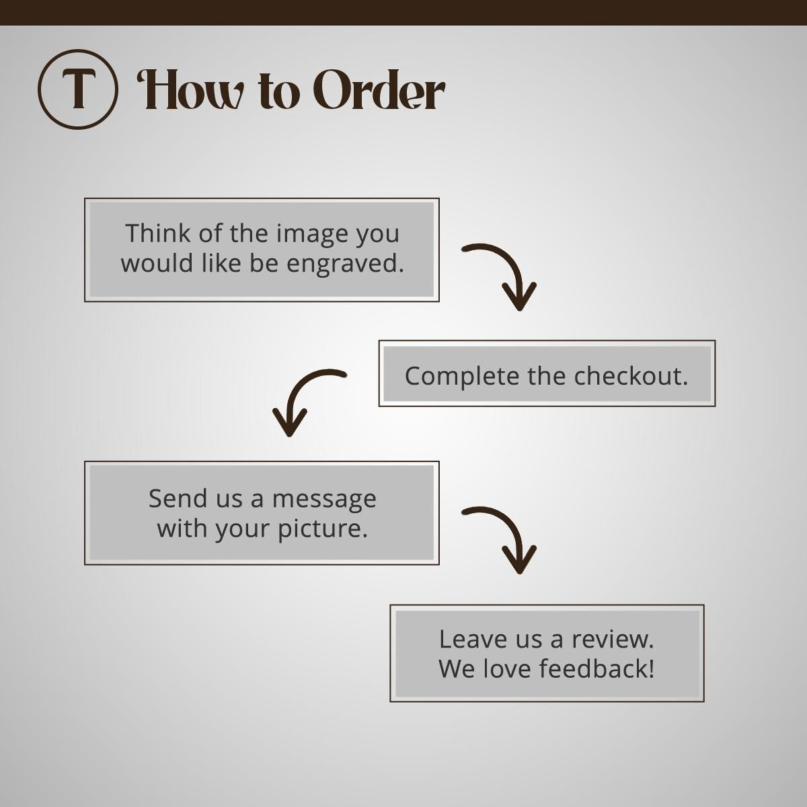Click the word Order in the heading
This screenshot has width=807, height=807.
[x=379, y=89]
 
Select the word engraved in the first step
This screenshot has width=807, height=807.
[x=346, y=263]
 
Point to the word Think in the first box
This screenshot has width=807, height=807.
[x=158, y=233]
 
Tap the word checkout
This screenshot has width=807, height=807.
[x=631, y=376]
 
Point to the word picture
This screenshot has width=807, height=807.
[x=323, y=529]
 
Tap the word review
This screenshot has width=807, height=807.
[x=613, y=640]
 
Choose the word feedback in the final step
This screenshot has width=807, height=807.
[x=597, y=668]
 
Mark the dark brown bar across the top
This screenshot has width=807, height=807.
[x=403, y=13]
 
